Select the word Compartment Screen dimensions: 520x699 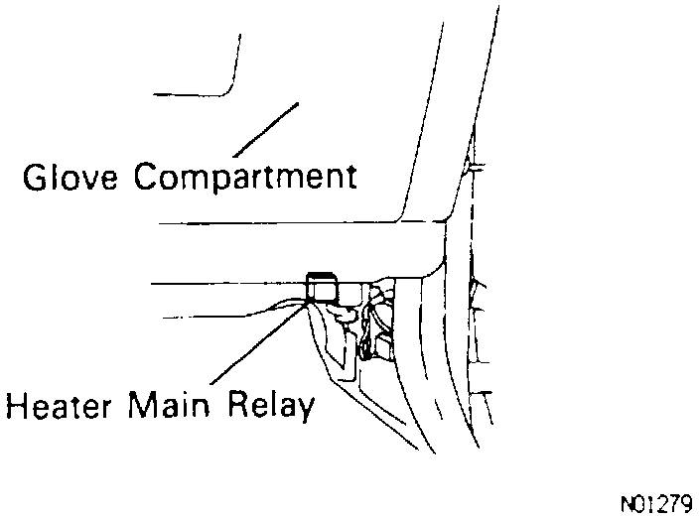point(244,179)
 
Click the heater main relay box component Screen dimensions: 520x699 point(322,288)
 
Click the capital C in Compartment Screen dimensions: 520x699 point(146,178)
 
